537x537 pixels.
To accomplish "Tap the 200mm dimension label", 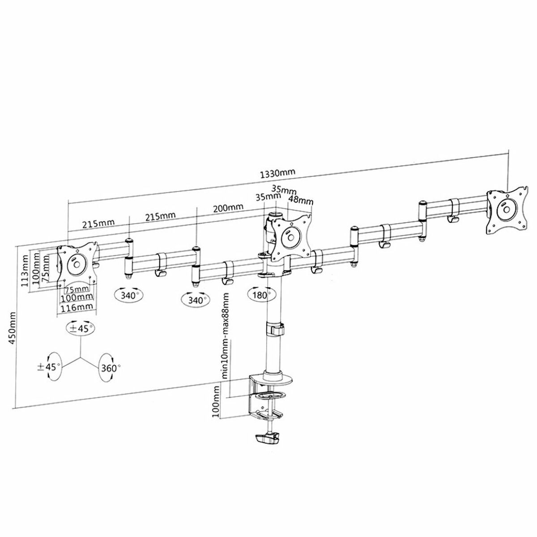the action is pyautogui.click(x=228, y=207).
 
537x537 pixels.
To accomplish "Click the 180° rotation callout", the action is pyautogui.click(x=262, y=294).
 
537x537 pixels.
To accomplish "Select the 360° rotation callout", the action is pyautogui.click(x=109, y=368).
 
